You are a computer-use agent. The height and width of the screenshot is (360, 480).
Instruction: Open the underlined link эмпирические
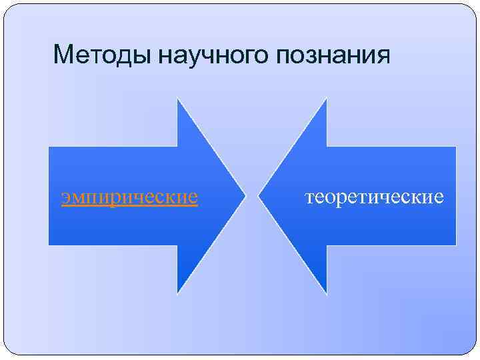click(129, 198)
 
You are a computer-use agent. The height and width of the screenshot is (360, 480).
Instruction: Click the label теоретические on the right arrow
click(374, 197)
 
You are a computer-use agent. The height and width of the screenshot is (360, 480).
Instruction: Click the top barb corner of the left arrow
click(177, 99)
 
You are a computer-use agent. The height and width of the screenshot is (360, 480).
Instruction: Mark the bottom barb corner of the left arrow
click(177, 293)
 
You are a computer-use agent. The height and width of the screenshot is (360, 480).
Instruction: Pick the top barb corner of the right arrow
click(327, 99)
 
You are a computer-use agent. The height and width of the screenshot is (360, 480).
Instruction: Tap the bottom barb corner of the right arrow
click(327, 293)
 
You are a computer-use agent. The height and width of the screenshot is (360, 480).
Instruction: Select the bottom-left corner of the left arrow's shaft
click(49, 245)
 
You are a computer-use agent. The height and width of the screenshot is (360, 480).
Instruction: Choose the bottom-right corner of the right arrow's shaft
click(456, 245)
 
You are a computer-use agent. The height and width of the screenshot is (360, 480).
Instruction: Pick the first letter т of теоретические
click(309, 198)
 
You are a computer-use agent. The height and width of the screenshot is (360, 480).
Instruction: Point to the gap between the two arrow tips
click(252, 197)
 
